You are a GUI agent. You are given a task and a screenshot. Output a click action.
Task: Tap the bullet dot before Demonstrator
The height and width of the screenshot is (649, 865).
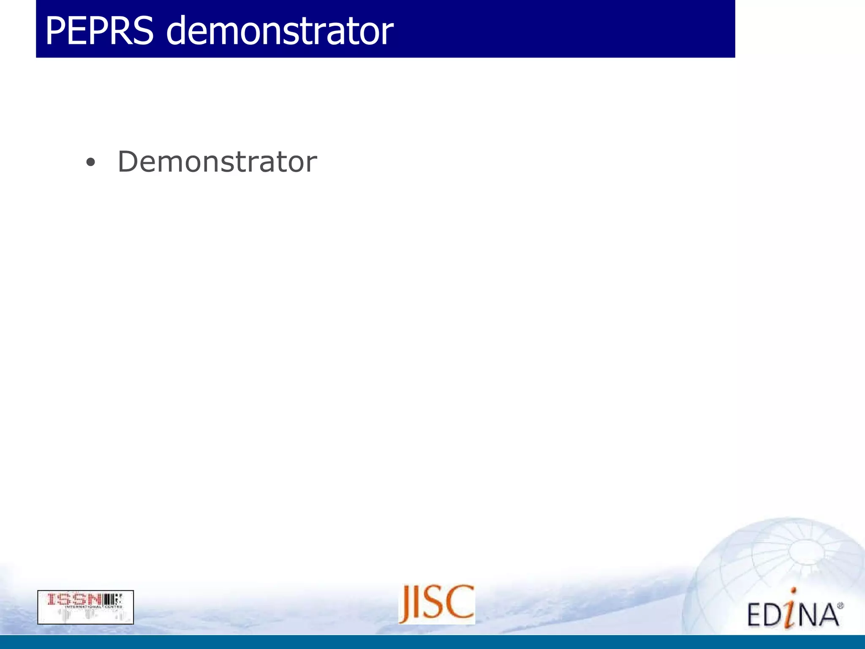point(90,163)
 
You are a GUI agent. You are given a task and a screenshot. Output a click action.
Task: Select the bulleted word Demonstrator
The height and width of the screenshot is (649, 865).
point(217,162)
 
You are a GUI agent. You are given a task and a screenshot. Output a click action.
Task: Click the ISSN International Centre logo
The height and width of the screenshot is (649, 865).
point(85,607)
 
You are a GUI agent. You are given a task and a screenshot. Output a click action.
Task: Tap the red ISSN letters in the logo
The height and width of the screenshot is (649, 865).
point(74,599)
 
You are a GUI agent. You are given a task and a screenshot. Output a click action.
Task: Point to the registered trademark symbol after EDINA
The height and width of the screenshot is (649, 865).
point(840,606)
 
